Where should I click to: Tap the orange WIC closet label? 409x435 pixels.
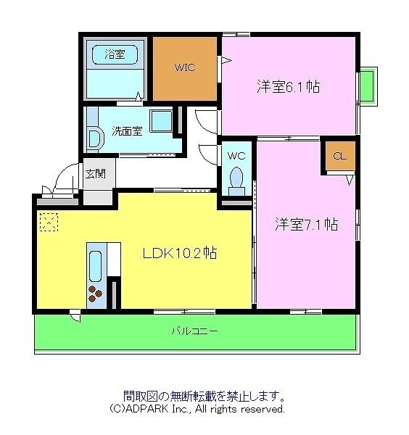(x=184, y=67)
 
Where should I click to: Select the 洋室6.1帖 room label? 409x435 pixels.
(x=288, y=87)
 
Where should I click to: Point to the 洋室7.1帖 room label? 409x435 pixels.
(x=305, y=224)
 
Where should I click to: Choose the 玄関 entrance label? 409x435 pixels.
(x=95, y=173)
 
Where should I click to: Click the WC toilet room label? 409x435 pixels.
(x=236, y=155)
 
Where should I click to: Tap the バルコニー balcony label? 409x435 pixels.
(x=195, y=331)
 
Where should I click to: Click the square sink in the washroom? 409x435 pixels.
(x=161, y=121)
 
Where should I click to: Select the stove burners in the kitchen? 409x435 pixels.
(x=96, y=294)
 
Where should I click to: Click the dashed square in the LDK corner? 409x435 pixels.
(x=49, y=221)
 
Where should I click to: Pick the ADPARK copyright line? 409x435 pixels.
(x=197, y=409)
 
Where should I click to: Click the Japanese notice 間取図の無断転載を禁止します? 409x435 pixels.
(x=203, y=396)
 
